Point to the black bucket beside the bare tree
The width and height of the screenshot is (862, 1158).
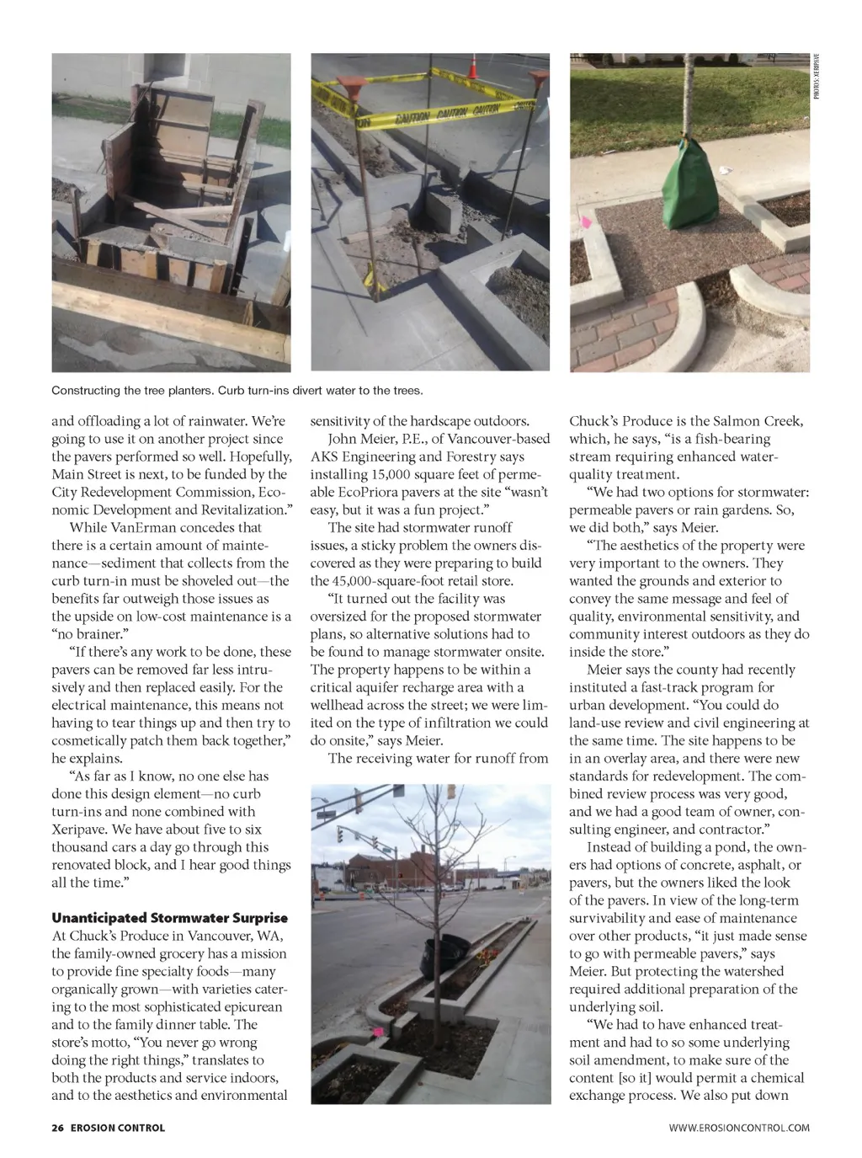[444, 951]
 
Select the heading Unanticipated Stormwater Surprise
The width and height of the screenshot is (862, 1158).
[169, 918]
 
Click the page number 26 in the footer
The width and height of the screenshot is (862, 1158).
[57, 1128]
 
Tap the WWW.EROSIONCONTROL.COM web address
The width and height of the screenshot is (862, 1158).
[739, 1128]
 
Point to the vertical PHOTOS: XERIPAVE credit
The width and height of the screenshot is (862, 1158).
[816, 78]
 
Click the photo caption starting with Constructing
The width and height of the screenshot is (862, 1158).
[237, 391]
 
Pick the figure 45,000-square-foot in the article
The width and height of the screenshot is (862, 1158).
[377, 581]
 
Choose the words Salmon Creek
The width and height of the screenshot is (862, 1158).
[758, 421]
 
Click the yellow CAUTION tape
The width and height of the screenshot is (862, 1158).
[446, 114]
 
